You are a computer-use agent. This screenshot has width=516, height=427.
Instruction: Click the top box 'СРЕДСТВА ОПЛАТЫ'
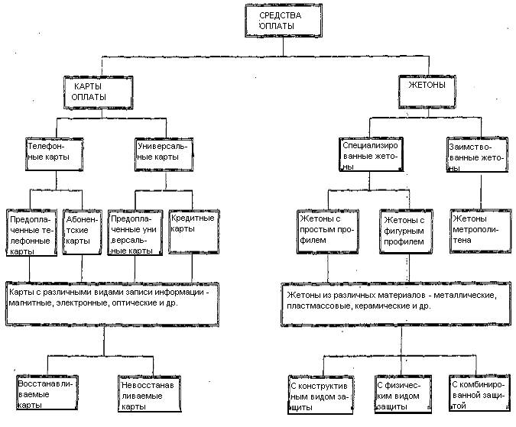point(284,21)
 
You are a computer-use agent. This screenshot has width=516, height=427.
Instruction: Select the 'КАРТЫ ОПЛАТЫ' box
point(99,92)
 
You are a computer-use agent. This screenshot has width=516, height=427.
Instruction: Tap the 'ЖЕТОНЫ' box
point(427,92)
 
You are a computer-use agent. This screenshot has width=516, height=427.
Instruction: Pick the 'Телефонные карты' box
point(54,154)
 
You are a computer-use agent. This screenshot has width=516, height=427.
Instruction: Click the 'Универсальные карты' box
point(164,154)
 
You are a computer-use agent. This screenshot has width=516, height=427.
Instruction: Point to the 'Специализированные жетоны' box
point(371,154)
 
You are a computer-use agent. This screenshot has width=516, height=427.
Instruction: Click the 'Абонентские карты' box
point(82,232)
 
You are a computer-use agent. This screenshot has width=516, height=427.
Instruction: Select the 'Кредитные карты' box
point(194,231)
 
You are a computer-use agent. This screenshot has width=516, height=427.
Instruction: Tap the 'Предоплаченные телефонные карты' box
point(31,233)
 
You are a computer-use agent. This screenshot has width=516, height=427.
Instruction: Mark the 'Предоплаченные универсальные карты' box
point(135,233)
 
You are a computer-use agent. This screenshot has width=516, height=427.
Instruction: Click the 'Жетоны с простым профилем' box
point(328,231)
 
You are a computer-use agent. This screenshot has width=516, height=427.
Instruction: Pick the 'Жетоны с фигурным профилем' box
point(406,232)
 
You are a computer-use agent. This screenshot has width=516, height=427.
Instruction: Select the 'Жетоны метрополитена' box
point(481,231)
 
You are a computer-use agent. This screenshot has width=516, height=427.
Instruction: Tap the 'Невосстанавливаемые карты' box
point(149,393)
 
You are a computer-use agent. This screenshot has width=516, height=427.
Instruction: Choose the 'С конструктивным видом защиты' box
point(320,394)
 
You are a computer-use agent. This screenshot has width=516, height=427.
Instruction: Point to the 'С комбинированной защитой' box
point(478,393)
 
